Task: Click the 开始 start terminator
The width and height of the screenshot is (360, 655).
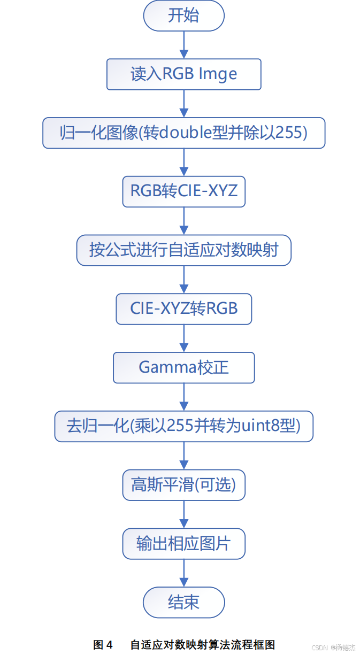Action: (x=183, y=16)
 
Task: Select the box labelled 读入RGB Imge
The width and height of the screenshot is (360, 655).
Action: (x=183, y=74)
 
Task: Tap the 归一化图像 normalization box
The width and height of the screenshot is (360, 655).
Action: (x=183, y=133)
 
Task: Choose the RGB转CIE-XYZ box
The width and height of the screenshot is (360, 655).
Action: (x=183, y=191)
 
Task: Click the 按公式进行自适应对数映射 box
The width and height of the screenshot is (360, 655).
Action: (x=183, y=250)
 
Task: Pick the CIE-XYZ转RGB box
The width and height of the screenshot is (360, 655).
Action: (x=183, y=309)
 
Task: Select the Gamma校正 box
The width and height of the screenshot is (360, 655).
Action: (x=183, y=367)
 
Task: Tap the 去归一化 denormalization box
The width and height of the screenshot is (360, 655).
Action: (x=183, y=426)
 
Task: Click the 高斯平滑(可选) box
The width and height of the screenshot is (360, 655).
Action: (x=183, y=485)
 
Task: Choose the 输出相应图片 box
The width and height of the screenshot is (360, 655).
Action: (x=183, y=544)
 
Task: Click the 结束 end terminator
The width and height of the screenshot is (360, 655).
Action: (x=183, y=603)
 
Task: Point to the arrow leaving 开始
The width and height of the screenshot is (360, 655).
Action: (x=184, y=44)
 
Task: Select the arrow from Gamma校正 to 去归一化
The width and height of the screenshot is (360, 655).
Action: (x=184, y=397)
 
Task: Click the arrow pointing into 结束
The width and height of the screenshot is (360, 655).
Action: (x=184, y=573)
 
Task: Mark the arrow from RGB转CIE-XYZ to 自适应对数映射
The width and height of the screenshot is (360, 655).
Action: (x=184, y=220)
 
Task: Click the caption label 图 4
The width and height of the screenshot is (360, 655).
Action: (x=103, y=644)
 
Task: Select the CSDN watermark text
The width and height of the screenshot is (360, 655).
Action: (x=319, y=647)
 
